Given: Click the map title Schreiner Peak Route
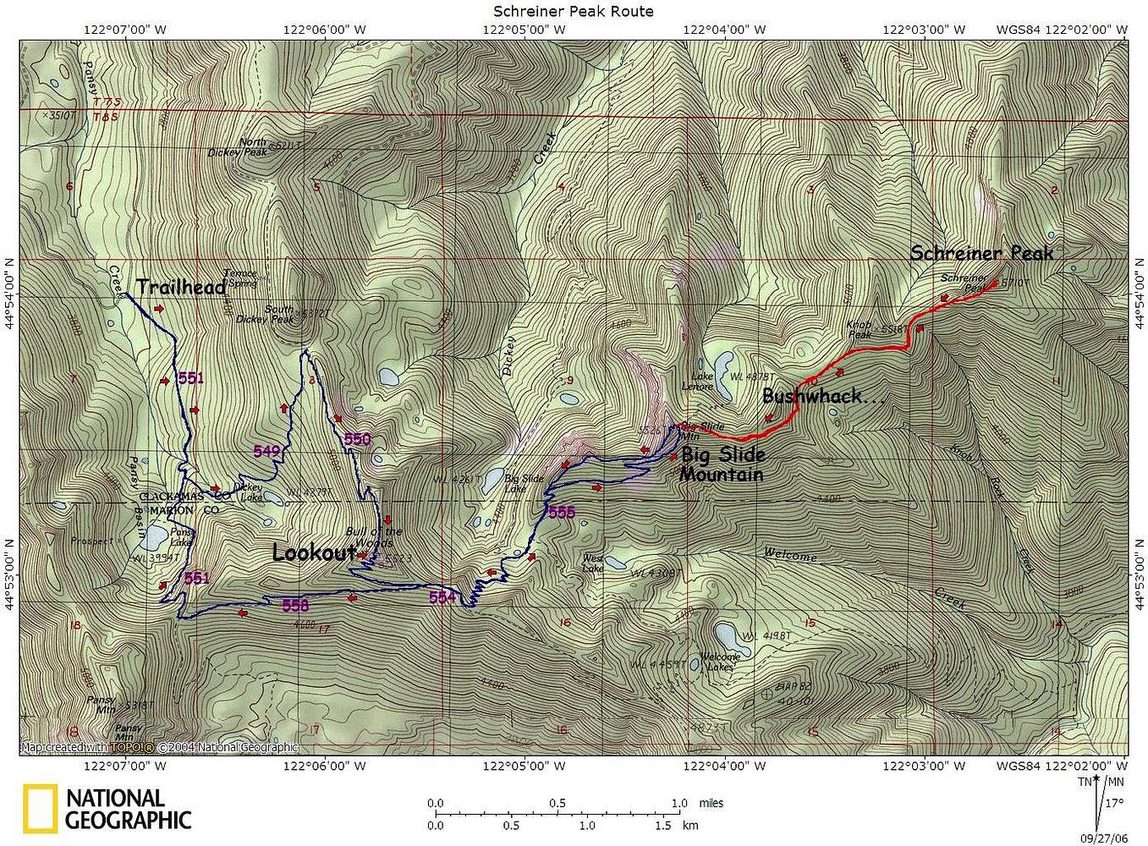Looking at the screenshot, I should [x=574, y=11].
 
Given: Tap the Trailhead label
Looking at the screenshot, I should [x=180, y=288].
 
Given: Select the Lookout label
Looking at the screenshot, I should [x=312, y=553].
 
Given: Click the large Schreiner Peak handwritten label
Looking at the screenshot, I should [x=981, y=253].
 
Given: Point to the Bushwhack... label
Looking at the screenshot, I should [x=823, y=396].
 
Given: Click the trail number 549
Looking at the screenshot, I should [x=266, y=452].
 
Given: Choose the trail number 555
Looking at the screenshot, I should [x=561, y=512].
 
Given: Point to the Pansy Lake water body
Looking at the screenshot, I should [x=156, y=536].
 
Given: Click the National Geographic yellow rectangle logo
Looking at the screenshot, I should [x=40, y=809].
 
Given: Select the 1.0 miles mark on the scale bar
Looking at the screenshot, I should [x=679, y=804].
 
